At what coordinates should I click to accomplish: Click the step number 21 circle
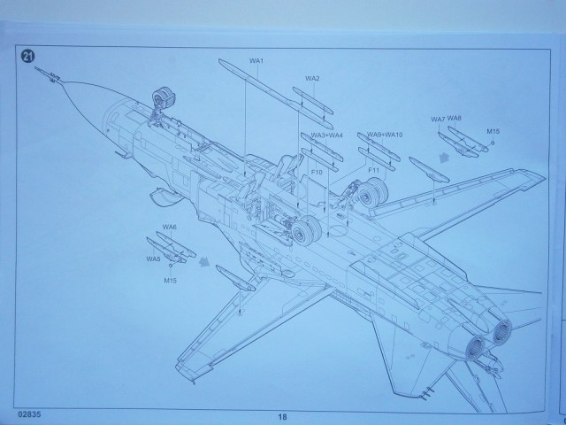pyautogui.click(x=27, y=56)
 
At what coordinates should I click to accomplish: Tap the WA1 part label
pyautogui.click(x=257, y=60)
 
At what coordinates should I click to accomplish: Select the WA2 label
pyautogui.click(x=312, y=79)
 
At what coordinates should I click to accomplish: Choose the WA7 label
pyautogui.click(x=438, y=120)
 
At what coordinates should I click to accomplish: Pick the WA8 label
pyautogui.click(x=455, y=118)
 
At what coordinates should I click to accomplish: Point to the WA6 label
pyautogui.click(x=170, y=228)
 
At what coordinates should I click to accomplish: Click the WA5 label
pyautogui.click(x=153, y=259)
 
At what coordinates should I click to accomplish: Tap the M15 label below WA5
pyautogui.click(x=170, y=281)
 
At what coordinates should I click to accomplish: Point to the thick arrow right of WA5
pyautogui.click(x=206, y=261)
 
